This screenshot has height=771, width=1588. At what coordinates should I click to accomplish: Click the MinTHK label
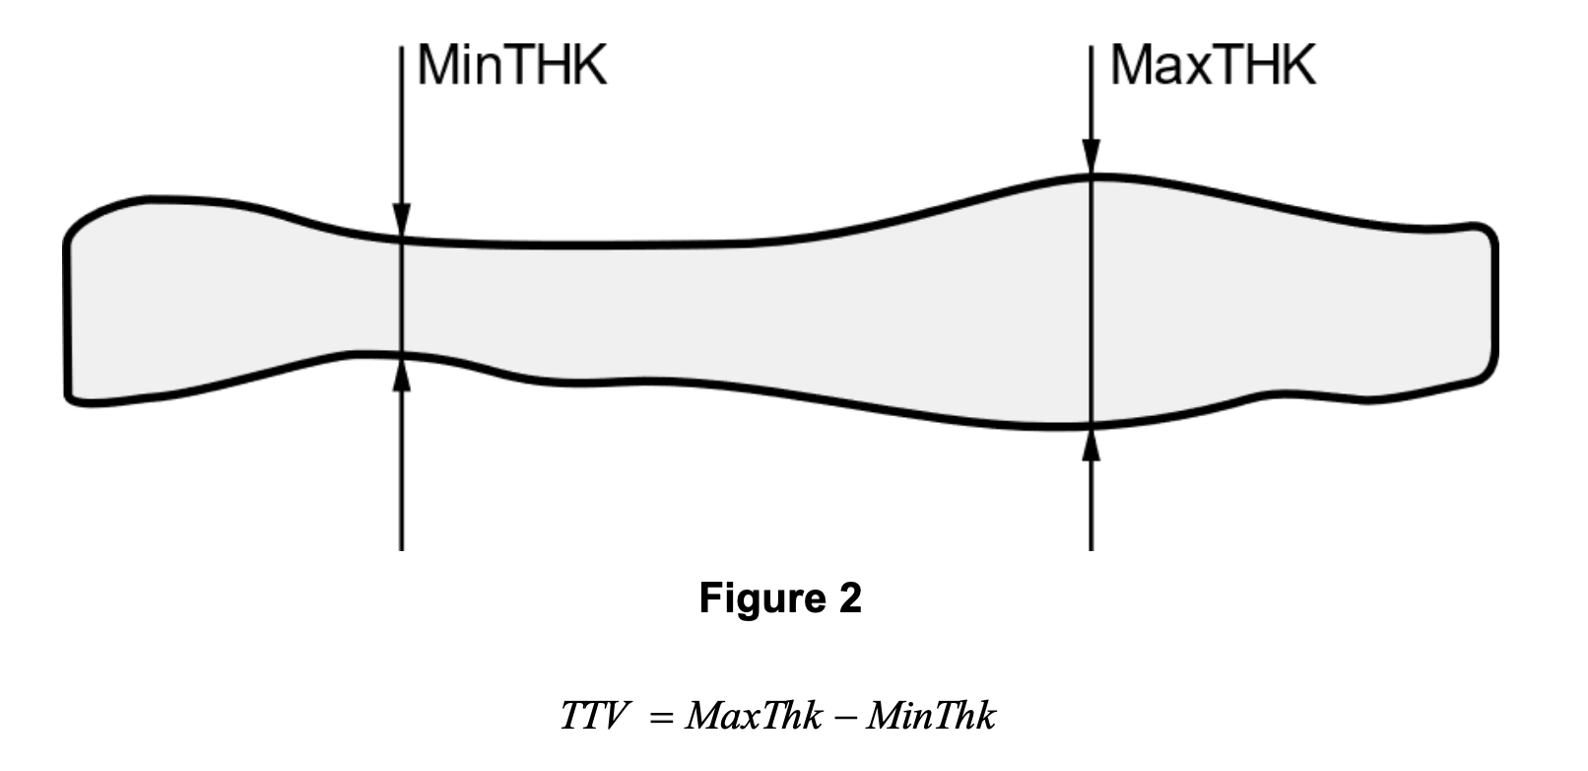tap(512, 65)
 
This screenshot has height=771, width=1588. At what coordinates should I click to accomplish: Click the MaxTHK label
tap(1213, 65)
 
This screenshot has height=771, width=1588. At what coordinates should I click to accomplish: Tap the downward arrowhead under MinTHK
tap(401, 220)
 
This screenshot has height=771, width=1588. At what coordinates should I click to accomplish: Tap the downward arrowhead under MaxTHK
tap(1092, 157)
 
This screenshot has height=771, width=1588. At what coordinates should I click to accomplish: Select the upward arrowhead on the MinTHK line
tap(401, 375)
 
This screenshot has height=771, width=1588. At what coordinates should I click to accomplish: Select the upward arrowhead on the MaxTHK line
tap(1092, 444)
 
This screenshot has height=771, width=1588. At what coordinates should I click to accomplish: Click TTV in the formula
tap(594, 715)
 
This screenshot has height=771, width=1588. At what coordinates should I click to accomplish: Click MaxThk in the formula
tap(754, 715)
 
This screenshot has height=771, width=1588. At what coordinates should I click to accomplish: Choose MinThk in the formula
tap(932, 715)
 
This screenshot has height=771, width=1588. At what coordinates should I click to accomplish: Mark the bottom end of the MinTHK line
tap(401, 550)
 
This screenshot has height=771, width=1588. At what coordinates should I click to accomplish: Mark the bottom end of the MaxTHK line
tap(1092, 550)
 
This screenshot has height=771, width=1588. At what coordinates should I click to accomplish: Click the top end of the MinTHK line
tap(401, 46)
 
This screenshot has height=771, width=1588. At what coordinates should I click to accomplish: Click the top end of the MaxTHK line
tap(1092, 46)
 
